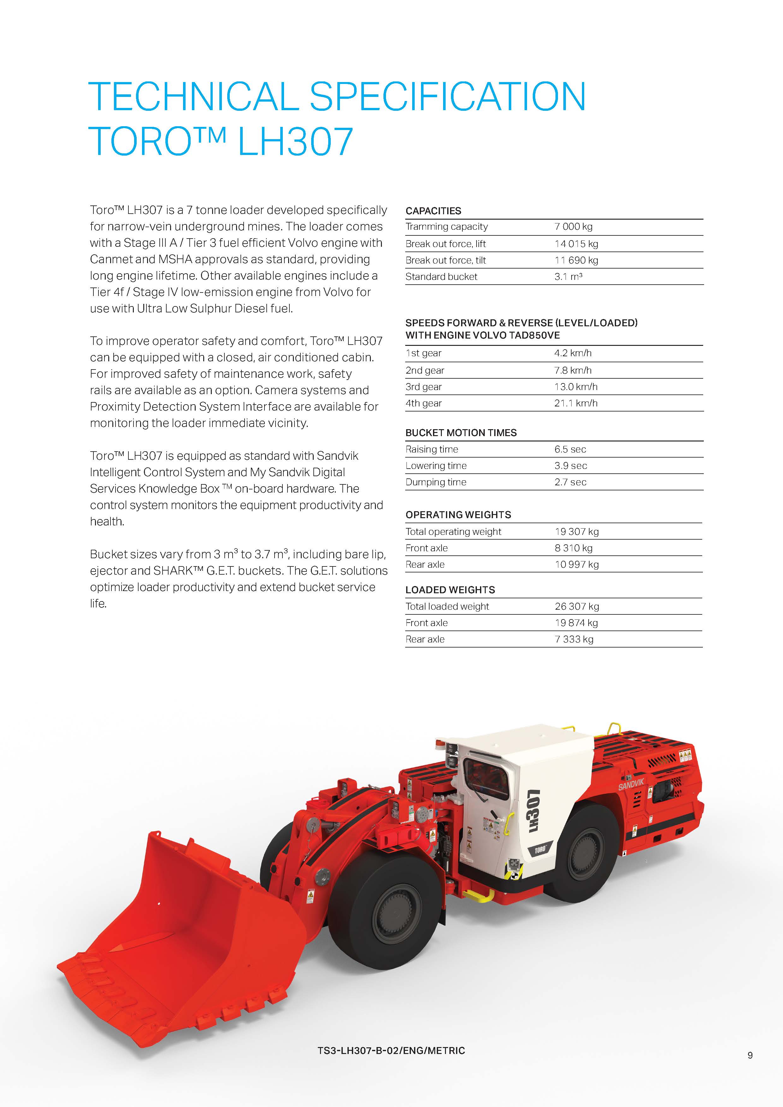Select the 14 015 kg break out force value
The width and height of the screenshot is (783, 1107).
(576, 244)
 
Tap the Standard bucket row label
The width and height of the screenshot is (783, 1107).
(441, 277)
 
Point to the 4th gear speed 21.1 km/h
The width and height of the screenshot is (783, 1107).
(576, 403)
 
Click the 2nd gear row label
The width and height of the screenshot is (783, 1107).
(425, 370)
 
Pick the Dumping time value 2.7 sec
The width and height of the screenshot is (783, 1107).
(570, 482)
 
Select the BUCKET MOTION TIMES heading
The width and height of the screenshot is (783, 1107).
(461, 433)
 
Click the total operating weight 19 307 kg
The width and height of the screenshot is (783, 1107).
(577, 531)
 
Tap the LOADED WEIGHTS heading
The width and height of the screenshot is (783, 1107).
(450, 590)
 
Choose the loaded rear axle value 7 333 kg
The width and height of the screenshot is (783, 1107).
(574, 639)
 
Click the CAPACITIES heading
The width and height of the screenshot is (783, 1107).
(433, 211)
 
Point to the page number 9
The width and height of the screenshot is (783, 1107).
(750, 1055)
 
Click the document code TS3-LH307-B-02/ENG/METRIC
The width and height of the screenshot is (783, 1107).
(391, 1050)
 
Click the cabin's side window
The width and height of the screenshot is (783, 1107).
(485, 778)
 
